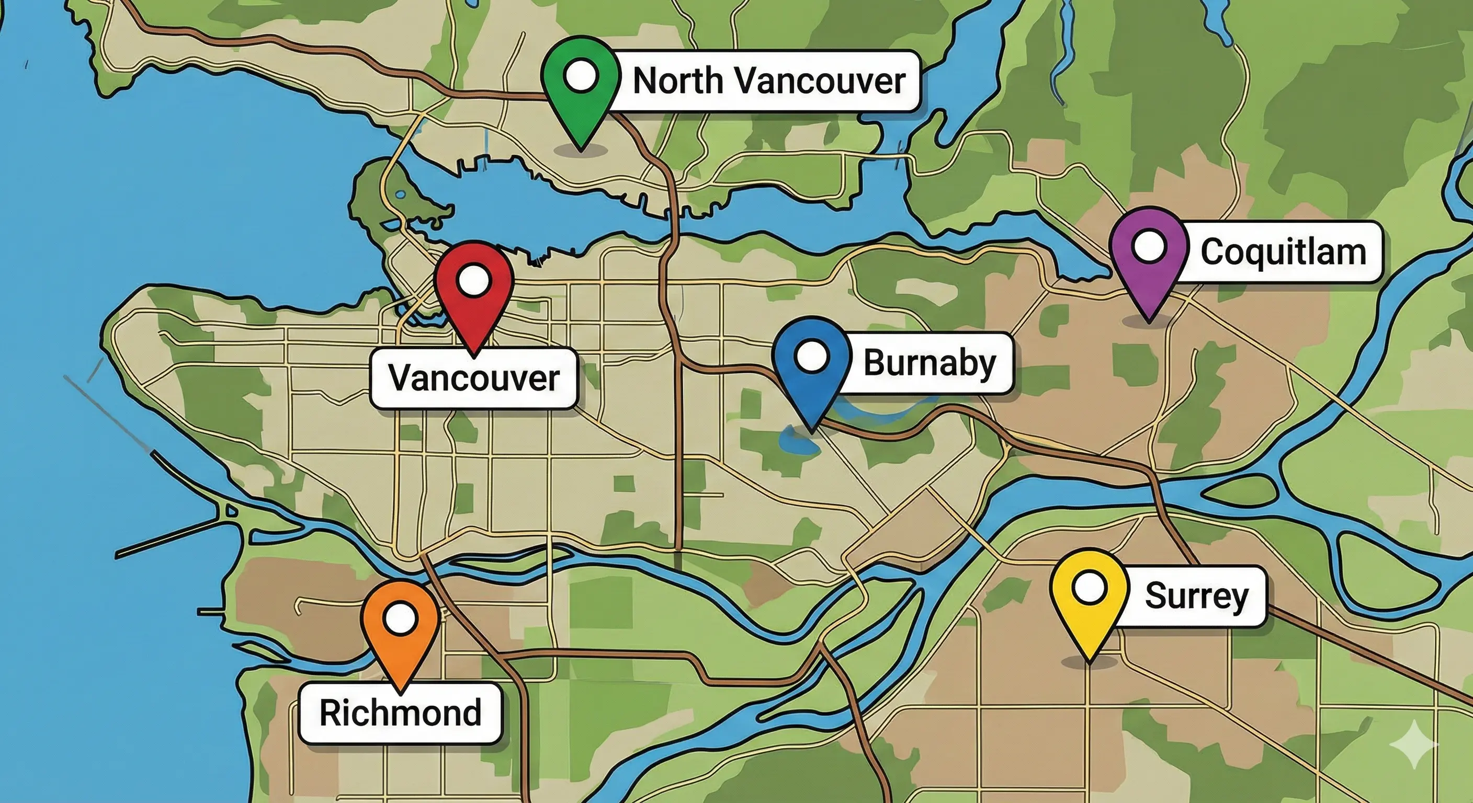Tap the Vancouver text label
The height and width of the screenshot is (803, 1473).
474,378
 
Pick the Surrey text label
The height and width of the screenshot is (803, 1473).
1196,596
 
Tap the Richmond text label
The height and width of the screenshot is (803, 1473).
400,713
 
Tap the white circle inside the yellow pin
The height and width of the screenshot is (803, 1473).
1089,588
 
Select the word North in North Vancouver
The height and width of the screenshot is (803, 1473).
678,81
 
